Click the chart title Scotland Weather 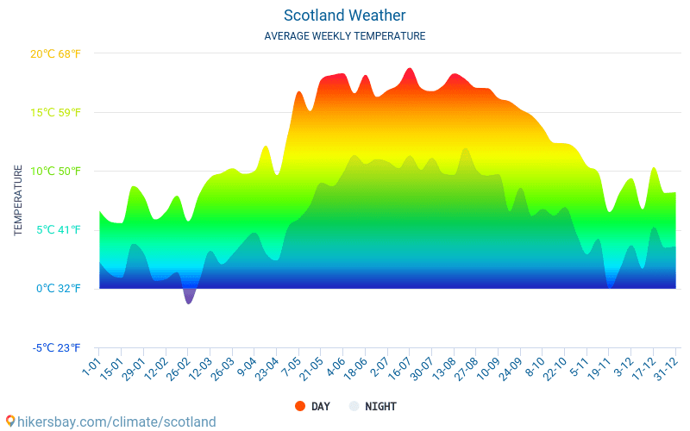pos(344,16)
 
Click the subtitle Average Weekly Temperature pos(344,36)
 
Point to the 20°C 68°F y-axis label pos(55,53)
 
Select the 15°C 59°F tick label pos(55,112)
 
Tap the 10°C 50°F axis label pos(55,171)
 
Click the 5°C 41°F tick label pos(58,229)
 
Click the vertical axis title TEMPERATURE pos(18,200)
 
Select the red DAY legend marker pos(300,406)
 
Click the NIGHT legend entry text pos(380,406)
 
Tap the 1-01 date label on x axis pos(91,365)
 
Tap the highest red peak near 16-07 pos(410,71)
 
